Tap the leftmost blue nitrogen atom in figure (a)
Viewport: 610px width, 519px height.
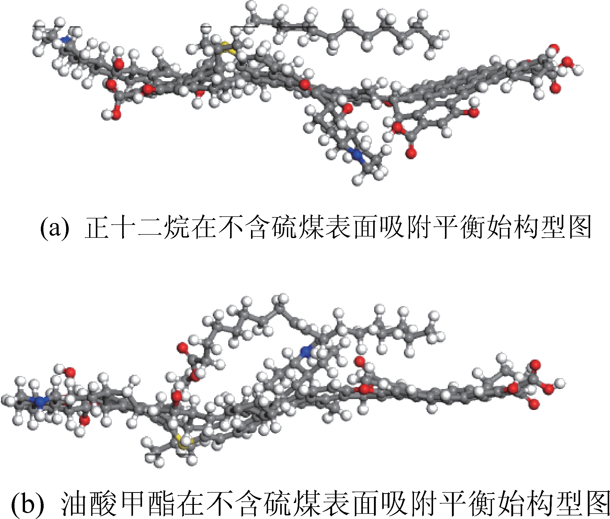coord(67,38)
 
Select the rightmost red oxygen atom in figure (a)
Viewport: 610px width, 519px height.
coord(568,62)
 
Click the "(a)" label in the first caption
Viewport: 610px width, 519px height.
coord(54,228)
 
